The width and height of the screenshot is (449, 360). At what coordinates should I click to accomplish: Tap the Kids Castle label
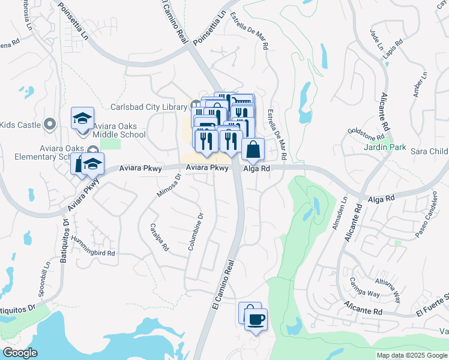tap(20, 125)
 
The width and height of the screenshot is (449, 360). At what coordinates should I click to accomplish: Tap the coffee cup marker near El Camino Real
tap(256, 319)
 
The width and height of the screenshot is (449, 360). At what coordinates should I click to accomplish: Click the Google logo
tap(19, 353)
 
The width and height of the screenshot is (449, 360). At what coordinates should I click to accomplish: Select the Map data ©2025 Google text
tap(411, 355)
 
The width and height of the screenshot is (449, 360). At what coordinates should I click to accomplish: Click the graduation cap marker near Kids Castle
tap(82, 119)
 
